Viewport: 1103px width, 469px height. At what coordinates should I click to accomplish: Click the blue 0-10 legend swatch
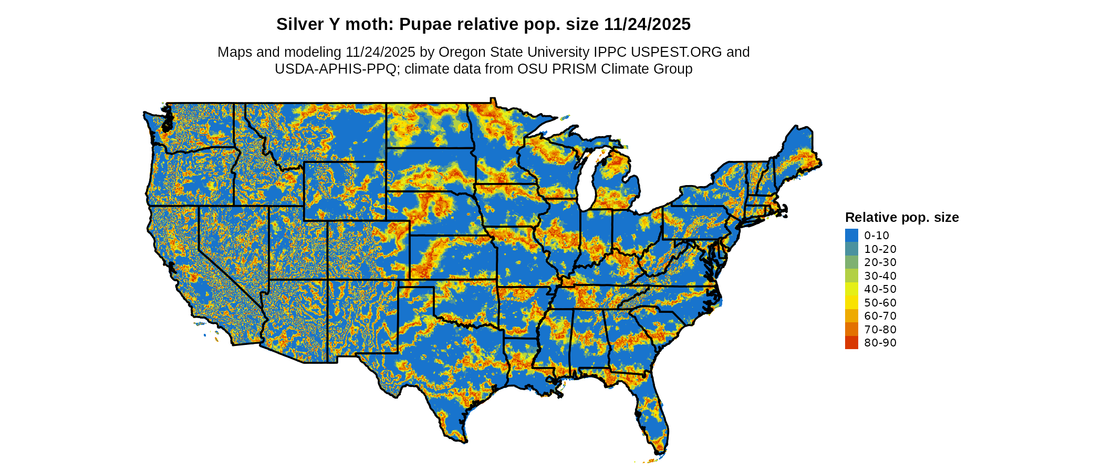point(851,236)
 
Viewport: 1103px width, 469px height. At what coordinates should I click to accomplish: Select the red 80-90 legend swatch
point(851,343)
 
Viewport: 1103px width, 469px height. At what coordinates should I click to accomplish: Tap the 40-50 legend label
point(880,289)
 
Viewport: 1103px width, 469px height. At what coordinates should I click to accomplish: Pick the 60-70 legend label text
point(880,316)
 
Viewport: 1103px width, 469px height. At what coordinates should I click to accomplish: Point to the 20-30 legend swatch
point(851,262)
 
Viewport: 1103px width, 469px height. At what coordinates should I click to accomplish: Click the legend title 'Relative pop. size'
point(902,217)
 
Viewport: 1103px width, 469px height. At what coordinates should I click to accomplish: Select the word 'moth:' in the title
point(373,24)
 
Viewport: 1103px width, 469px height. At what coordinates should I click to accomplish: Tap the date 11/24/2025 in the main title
point(647,24)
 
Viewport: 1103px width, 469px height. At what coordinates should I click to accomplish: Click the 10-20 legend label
point(880,249)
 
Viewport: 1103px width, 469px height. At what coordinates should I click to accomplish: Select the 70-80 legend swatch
point(851,330)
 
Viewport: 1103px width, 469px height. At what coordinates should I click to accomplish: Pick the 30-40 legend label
point(880,276)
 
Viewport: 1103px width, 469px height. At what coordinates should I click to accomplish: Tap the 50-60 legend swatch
point(851,303)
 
